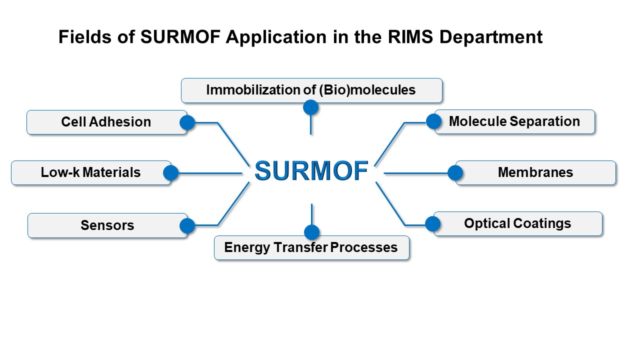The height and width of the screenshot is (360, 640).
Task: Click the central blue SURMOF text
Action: click(311, 170)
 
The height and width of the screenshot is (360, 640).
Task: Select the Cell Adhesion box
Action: click(107, 122)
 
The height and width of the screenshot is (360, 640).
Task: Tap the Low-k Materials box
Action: click(91, 173)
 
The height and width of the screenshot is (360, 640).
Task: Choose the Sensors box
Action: click(107, 225)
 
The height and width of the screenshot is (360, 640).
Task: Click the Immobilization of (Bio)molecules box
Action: click(311, 90)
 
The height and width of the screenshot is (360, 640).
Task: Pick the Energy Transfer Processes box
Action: click(311, 247)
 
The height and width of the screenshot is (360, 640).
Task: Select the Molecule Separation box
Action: click(514, 121)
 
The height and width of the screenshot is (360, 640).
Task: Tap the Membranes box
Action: click(535, 173)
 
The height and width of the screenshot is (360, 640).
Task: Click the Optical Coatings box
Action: click(518, 223)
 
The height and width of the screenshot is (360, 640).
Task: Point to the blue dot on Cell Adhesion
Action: click(187, 123)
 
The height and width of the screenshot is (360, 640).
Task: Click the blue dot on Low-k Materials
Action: click(171, 173)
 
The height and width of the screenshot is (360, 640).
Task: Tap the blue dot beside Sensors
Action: click(187, 225)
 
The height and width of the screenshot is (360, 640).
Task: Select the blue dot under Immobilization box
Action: click(311, 107)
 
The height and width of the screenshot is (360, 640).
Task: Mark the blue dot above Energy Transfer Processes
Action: click(311, 232)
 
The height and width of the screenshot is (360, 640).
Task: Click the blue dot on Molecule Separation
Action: click(433, 121)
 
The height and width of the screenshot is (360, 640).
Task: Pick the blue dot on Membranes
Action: click(455, 173)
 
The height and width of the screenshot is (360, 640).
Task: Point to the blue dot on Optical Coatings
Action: click(433, 223)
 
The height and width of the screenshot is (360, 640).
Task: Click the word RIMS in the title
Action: click(410, 37)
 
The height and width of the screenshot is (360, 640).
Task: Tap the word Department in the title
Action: click(491, 37)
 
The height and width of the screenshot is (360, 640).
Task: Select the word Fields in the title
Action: click(85, 37)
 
